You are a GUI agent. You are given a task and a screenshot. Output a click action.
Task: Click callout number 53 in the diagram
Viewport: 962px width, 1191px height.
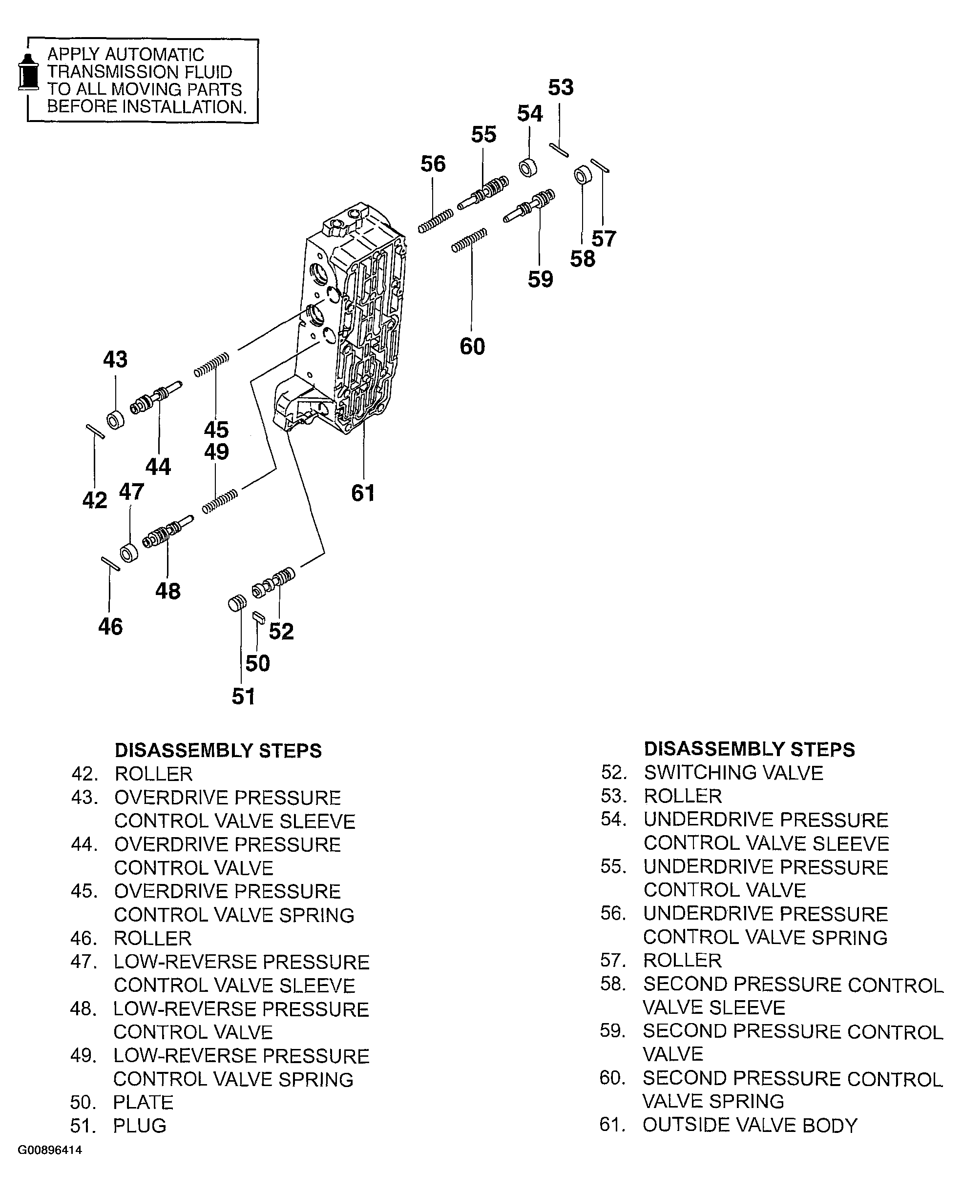(x=560, y=87)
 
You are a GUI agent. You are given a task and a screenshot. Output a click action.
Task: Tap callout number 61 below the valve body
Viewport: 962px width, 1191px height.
(x=363, y=493)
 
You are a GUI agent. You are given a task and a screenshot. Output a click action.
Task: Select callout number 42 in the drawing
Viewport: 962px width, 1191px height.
(x=95, y=500)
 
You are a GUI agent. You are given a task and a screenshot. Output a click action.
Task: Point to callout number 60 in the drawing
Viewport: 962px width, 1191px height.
(x=472, y=347)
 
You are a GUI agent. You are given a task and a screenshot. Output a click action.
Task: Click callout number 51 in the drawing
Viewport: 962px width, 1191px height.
(x=243, y=697)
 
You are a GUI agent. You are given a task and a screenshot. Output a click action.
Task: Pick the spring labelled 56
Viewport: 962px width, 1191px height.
(x=436, y=221)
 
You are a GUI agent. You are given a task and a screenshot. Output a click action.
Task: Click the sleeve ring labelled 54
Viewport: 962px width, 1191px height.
(x=528, y=167)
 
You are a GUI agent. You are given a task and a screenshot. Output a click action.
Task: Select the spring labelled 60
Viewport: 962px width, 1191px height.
(x=469, y=241)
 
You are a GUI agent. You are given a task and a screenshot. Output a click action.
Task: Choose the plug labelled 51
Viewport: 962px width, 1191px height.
(x=237, y=603)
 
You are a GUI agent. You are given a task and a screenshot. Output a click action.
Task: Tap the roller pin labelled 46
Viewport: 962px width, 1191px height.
(x=110, y=563)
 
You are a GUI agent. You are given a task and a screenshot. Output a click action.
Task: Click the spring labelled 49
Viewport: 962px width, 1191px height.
(x=220, y=501)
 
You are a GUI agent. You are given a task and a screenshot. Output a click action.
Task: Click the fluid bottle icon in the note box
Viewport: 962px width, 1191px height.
(x=28, y=73)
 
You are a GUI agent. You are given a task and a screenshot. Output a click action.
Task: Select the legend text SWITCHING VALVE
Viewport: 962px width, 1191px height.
(x=733, y=773)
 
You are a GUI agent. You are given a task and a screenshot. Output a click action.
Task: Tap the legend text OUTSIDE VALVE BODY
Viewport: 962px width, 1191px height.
(x=750, y=1125)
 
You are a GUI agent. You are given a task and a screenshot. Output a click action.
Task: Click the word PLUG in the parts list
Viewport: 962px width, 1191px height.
(x=140, y=1126)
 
